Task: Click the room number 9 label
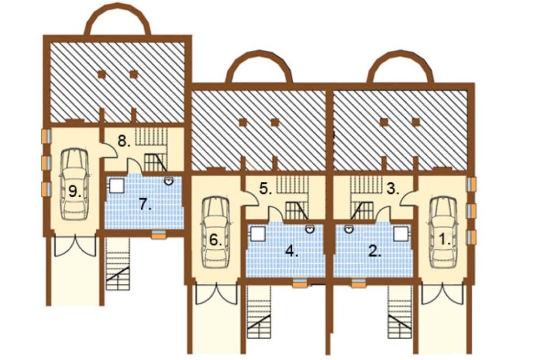click(x=74, y=191)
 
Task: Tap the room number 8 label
click(x=124, y=142)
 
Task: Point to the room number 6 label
click(x=216, y=239)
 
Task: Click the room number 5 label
click(x=266, y=189)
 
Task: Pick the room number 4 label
click(x=292, y=251)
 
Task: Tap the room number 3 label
click(x=393, y=189)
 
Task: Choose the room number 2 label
click(x=375, y=251)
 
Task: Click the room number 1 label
click(x=445, y=239)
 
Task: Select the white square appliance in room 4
click(x=257, y=234)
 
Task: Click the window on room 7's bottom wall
click(x=159, y=234)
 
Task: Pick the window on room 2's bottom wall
click(x=359, y=283)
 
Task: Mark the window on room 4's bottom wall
click(x=300, y=283)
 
